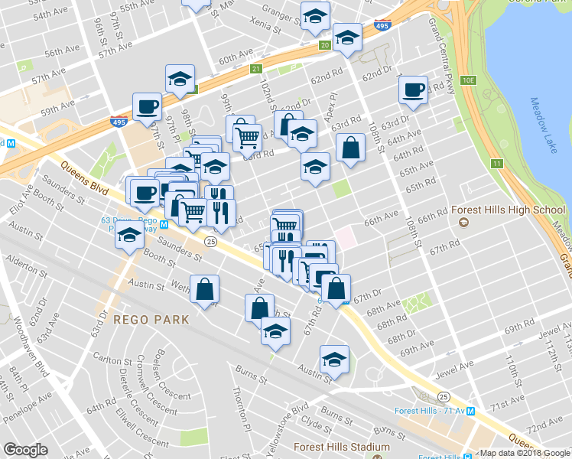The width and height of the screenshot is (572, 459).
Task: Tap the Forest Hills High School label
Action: (507, 210)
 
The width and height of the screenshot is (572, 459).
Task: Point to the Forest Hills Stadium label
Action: (342, 447)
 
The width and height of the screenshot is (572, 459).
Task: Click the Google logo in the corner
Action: (25, 450)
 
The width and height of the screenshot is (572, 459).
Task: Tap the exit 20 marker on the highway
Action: (325, 46)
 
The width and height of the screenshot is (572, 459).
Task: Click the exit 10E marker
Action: (468, 80)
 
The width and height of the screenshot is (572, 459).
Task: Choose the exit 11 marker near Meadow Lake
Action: (497, 164)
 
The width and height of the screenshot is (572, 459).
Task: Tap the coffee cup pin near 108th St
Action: (413, 90)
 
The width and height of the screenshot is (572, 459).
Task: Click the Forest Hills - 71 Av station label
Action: (430, 410)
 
